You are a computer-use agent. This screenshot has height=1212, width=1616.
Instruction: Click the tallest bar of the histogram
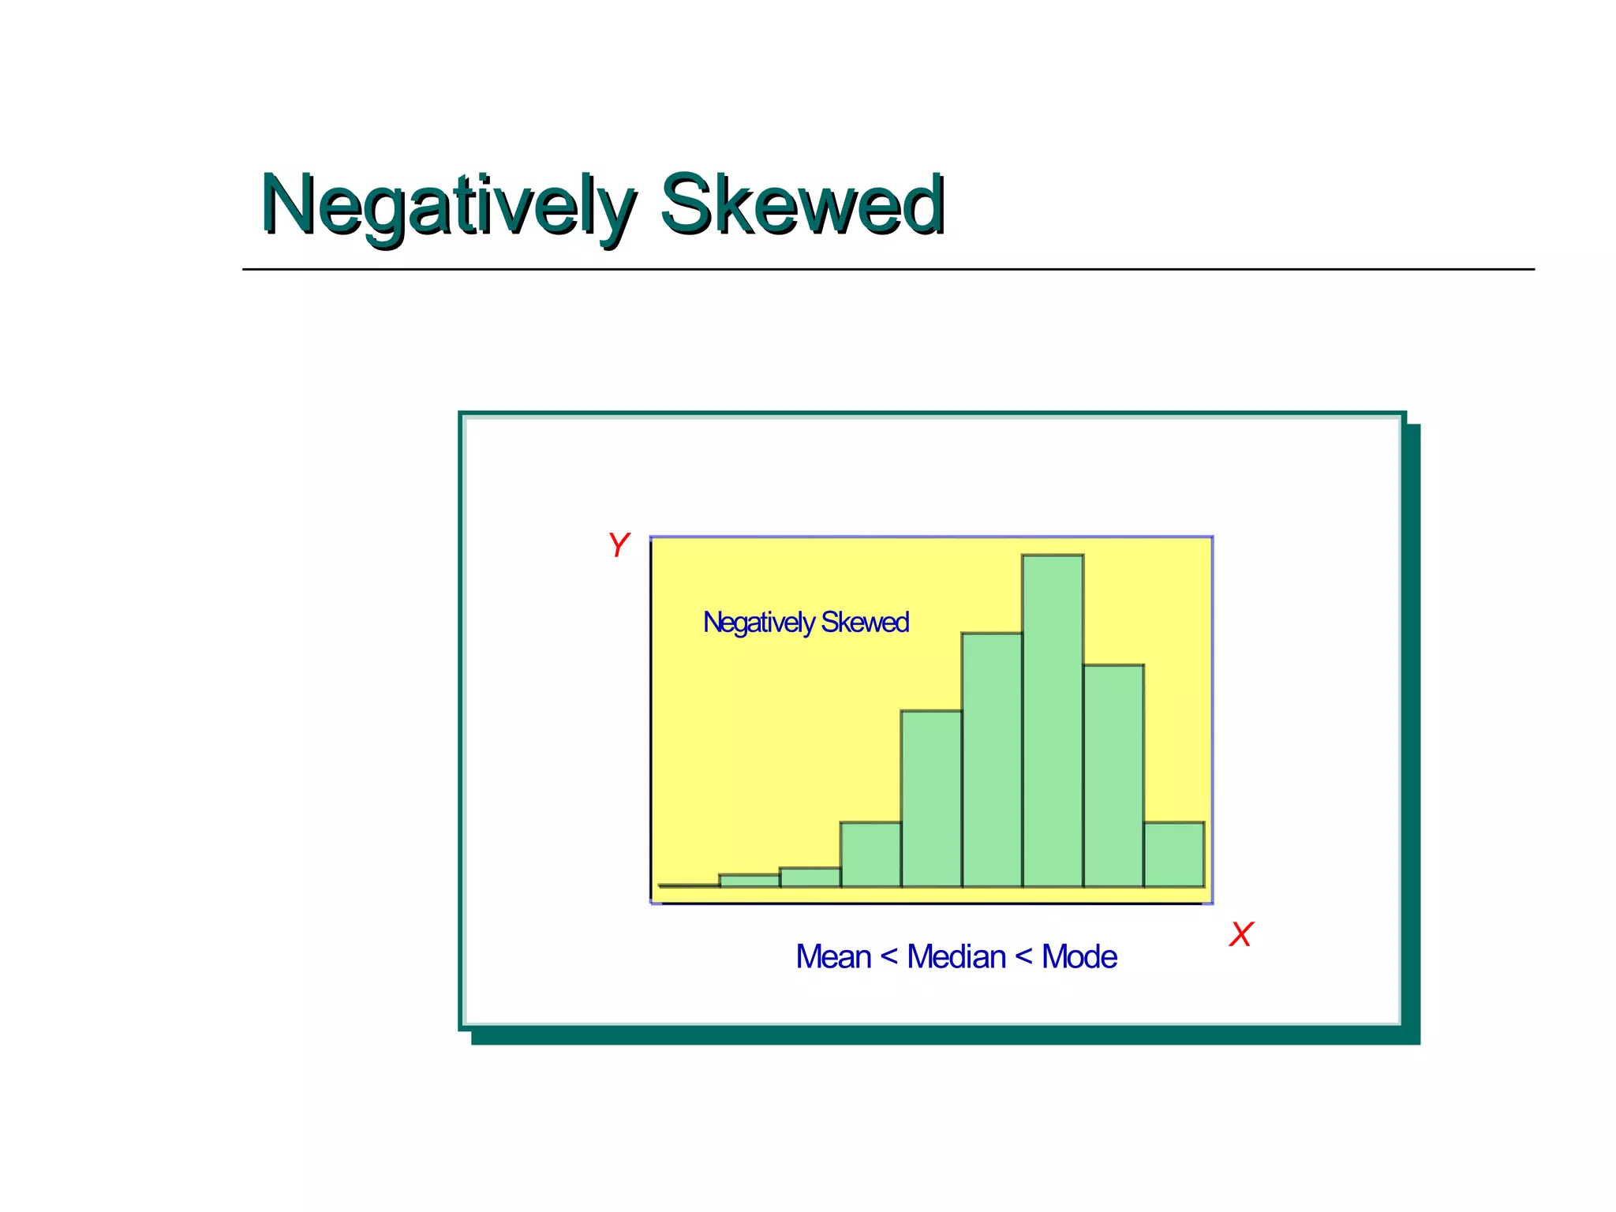(1053, 722)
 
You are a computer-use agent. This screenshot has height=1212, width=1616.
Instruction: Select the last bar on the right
(1174, 855)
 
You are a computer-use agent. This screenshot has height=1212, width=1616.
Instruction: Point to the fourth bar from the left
(870, 855)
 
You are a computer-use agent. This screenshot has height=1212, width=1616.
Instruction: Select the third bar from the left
(810, 877)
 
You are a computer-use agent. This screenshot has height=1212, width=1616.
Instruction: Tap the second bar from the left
(750, 881)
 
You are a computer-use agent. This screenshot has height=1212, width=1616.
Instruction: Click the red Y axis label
(618, 545)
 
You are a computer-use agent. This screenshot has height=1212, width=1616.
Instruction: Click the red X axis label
(1240, 935)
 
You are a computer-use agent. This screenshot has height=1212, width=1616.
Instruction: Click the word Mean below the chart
(832, 957)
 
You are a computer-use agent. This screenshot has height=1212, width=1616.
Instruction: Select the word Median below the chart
(956, 957)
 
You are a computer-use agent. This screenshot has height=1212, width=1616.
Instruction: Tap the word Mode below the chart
(1079, 957)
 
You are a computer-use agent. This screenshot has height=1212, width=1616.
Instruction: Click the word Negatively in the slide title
(447, 205)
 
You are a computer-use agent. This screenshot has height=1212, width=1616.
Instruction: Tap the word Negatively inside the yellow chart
(758, 623)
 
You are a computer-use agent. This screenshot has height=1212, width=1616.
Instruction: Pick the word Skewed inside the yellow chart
(865, 623)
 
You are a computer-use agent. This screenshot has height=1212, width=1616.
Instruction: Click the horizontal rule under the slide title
(888, 269)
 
